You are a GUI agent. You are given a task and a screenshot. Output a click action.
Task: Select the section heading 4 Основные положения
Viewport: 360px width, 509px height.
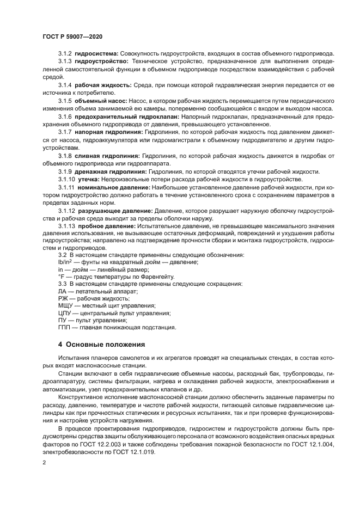(101, 344)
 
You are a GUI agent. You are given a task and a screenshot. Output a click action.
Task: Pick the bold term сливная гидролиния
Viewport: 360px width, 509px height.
(107, 156)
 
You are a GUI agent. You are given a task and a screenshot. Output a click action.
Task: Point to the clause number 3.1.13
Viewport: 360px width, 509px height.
(66, 226)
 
